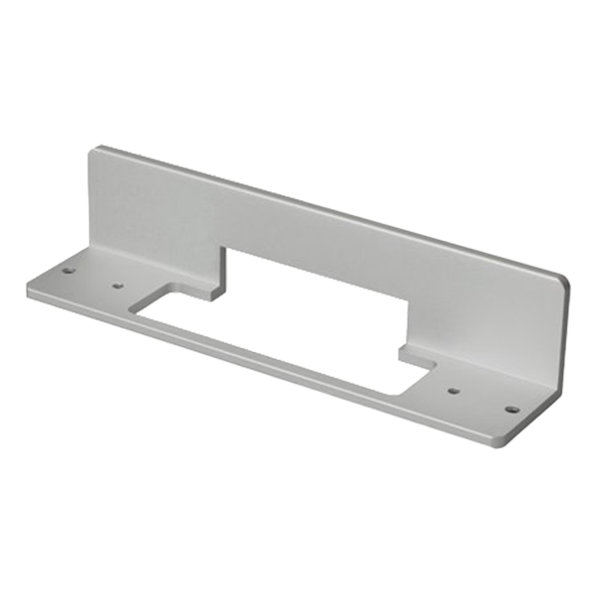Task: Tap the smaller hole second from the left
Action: click(x=118, y=286)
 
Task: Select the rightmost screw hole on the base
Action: click(x=513, y=407)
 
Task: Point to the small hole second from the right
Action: click(x=453, y=390)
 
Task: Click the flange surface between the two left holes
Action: click(x=93, y=278)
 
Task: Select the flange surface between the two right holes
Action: click(x=483, y=399)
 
